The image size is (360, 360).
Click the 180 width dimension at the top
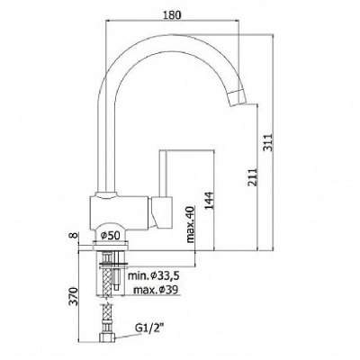(172, 15)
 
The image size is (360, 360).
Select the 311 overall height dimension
(268, 142)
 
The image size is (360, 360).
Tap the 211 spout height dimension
(253, 177)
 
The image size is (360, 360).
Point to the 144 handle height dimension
(209, 201)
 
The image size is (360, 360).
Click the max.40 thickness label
(191, 225)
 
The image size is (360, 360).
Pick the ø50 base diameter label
(110, 236)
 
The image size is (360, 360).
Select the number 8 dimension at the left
(75, 236)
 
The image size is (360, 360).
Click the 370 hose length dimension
(75, 296)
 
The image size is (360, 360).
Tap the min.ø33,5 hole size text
(154, 276)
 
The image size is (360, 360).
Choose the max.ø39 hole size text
(156, 290)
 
